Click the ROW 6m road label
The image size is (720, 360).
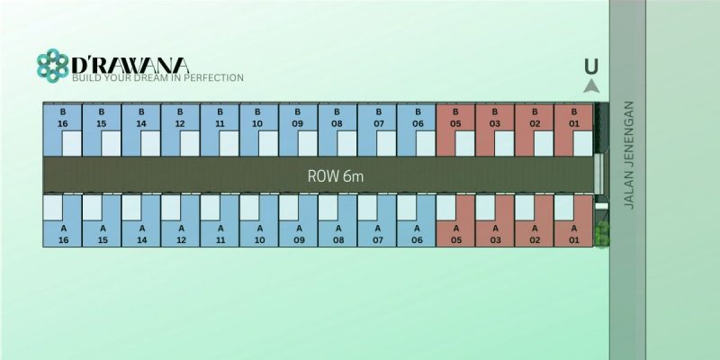336,176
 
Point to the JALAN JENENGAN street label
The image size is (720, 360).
629,155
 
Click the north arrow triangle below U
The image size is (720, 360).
591,86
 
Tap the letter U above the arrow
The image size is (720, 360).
591,67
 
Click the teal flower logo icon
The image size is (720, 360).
53,66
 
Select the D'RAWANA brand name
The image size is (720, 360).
130,65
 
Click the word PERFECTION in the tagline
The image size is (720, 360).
214,77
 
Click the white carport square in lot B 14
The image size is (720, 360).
150,143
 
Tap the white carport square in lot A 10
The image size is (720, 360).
249,208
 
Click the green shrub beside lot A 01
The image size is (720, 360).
602,234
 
